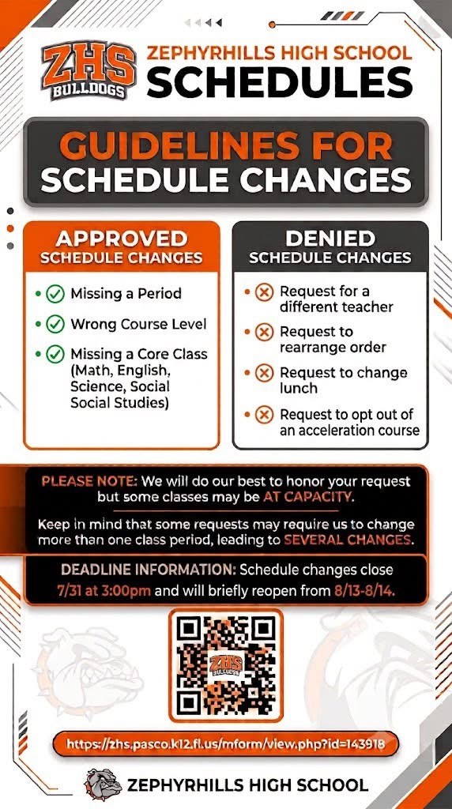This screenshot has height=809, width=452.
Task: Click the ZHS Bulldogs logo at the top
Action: [x=89, y=70]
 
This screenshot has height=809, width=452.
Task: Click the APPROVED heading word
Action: [x=121, y=239]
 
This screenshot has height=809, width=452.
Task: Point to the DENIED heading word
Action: [x=331, y=239]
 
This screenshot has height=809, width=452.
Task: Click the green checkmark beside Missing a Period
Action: [x=55, y=294]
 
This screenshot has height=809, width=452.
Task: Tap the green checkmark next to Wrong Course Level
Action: [x=55, y=325]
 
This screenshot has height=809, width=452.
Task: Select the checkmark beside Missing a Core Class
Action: [x=55, y=355]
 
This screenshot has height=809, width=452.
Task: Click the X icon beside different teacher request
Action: [x=264, y=292]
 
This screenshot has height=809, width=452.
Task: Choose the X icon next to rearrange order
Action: [x=264, y=333]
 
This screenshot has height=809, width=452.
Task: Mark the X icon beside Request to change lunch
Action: [x=264, y=373]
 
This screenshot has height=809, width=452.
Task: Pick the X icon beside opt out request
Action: [x=264, y=414]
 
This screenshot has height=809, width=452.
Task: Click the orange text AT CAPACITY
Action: [x=307, y=498]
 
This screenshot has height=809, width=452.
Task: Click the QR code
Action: [x=226, y=665]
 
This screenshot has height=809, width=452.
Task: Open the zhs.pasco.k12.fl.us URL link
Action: [x=226, y=744]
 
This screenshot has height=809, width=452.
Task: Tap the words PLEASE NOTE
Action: [x=90, y=481]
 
